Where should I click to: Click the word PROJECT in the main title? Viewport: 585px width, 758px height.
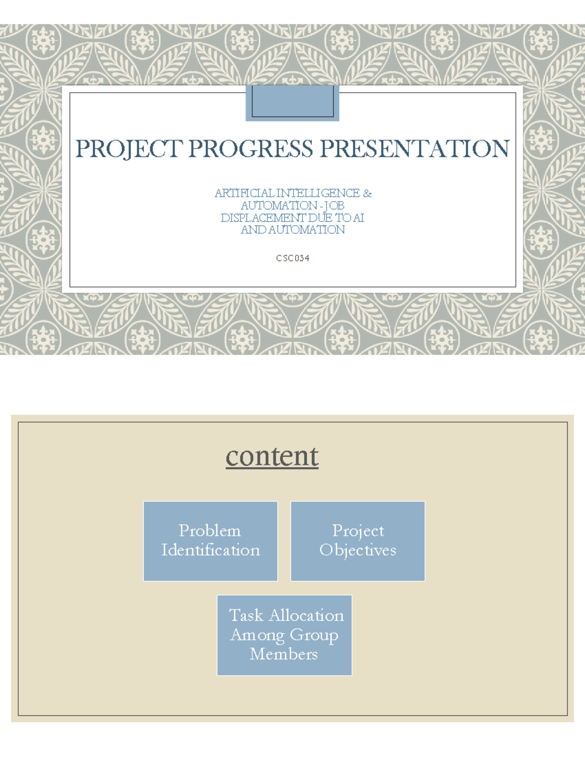click(129, 149)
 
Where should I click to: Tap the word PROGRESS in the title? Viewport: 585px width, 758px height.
click(251, 149)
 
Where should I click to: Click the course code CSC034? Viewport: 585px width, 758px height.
click(292, 258)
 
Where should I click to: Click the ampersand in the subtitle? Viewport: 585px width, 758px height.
click(368, 193)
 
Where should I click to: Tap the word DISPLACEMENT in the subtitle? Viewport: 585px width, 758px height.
click(263, 218)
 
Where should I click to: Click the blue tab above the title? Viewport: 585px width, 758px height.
click(292, 103)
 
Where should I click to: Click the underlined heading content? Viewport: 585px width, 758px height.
click(272, 456)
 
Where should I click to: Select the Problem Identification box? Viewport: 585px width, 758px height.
click(211, 541)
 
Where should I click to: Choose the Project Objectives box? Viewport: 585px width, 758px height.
click(358, 541)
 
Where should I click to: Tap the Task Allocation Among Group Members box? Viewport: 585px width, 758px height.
click(285, 635)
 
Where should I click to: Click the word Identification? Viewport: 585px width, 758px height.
click(211, 550)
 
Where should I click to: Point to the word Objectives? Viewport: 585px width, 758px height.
click(358, 550)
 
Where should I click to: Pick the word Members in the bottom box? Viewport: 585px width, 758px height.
click(284, 654)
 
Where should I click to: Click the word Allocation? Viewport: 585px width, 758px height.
click(307, 615)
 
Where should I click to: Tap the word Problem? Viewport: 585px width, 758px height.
click(210, 531)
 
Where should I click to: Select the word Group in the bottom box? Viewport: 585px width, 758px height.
click(314, 635)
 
